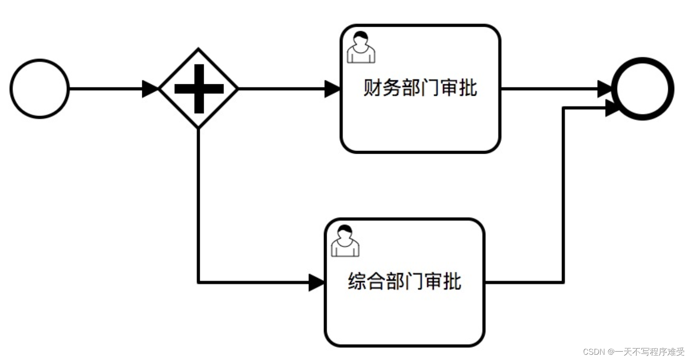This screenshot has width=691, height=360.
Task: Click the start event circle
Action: [x=40, y=89]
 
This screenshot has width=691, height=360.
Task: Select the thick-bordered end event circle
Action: [x=643, y=89]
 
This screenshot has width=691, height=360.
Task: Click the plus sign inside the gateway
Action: [x=199, y=89]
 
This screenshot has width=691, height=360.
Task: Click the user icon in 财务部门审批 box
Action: [x=361, y=47]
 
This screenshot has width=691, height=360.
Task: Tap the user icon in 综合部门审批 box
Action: [x=345, y=241]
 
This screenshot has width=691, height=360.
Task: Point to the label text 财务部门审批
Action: [x=420, y=87]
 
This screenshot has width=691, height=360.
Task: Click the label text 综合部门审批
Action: [x=404, y=281]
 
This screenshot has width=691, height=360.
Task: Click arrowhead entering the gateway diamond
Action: [x=150, y=89]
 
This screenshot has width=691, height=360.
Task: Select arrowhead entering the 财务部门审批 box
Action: [x=332, y=89]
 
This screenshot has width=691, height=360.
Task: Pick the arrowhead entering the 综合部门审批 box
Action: [x=317, y=282]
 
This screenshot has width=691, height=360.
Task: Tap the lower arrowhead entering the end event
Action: [x=612, y=108]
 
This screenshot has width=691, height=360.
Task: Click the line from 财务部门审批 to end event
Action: [x=549, y=89]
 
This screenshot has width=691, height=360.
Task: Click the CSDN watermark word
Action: [x=594, y=352]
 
